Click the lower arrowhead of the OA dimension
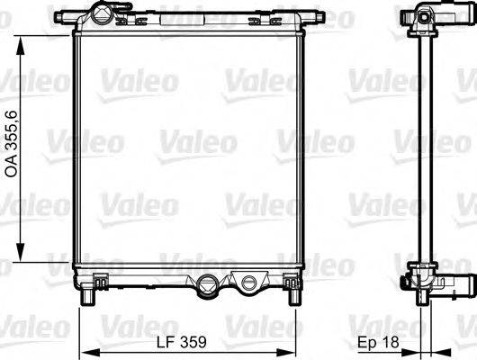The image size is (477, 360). (x=20, y=257)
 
